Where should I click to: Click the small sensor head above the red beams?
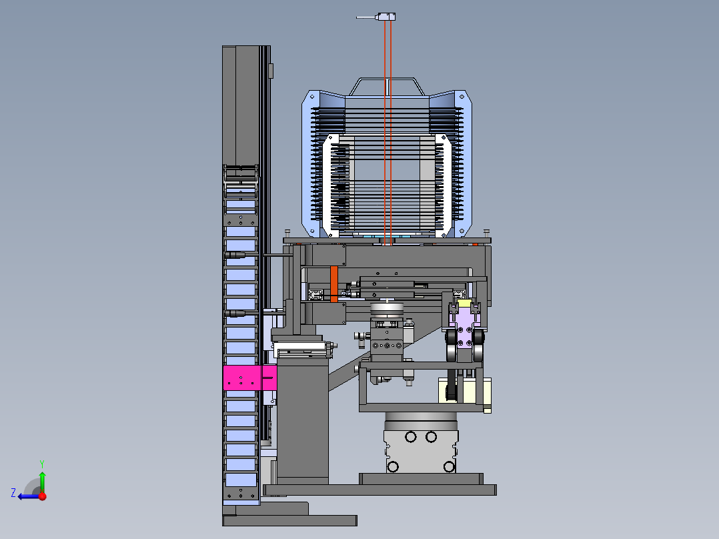(386, 17)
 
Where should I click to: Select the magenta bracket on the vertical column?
(250, 378)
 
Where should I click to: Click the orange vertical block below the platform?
(333, 284)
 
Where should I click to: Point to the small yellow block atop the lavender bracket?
(464, 304)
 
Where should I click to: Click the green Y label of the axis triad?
(42, 464)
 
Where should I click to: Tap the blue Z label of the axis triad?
(13, 493)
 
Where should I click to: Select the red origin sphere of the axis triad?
(43, 496)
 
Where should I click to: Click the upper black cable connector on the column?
(235, 255)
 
